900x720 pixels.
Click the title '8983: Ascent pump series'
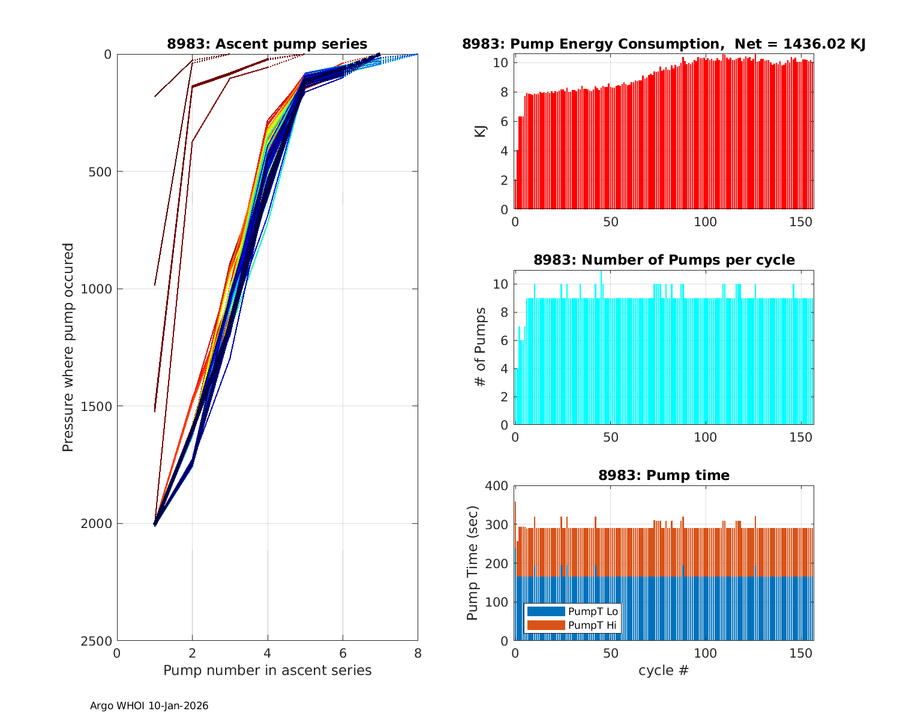click(x=267, y=44)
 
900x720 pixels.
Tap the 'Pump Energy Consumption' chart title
click(x=664, y=44)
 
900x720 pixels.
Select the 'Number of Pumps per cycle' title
click(x=664, y=260)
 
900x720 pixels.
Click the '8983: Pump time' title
click(x=664, y=475)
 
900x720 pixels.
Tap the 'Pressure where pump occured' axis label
click(x=68, y=347)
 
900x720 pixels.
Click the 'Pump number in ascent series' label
click(x=267, y=670)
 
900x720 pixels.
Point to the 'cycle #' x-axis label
click(x=664, y=670)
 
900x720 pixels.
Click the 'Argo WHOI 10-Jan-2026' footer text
click(x=149, y=706)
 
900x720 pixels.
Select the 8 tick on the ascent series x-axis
click(x=418, y=653)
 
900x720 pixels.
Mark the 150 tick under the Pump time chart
click(x=801, y=653)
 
